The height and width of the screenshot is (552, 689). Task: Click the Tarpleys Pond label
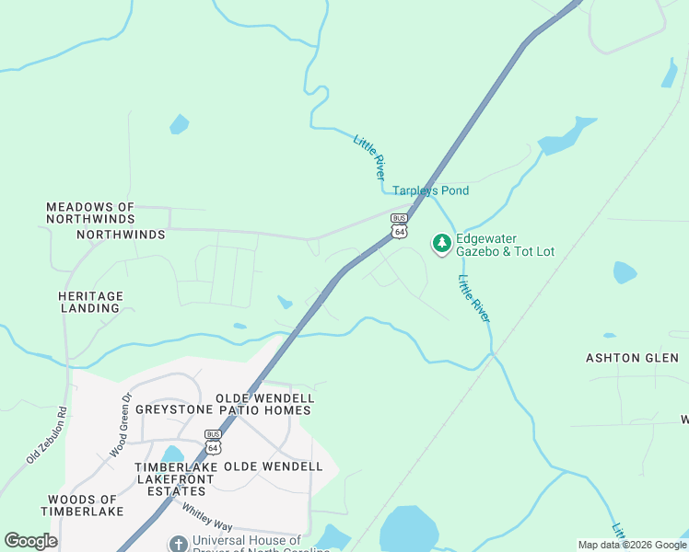pyautogui.click(x=430, y=191)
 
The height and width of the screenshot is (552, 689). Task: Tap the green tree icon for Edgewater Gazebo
pyautogui.click(x=442, y=243)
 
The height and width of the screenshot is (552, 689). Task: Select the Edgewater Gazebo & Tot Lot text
pyautogui.click(x=506, y=244)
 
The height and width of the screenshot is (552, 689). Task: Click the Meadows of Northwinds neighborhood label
pyautogui.click(x=90, y=213)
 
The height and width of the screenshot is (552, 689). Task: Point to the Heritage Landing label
pyautogui.click(x=90, y=302)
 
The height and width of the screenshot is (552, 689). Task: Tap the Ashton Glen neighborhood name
pyautogui.click(x=632, y=358)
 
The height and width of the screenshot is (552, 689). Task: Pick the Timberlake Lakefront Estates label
pyautogui.click(x=176, y=478)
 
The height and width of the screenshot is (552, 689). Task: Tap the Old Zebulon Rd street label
pyautogui.click(x=47, y=434)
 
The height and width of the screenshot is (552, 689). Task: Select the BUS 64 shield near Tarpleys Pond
pyautogui.click(x=399, y=225)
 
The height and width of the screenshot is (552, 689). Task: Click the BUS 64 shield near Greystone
pyautogui.click(x=214, y=442)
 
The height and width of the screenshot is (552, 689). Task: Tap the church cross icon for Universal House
pyautogui.click(x=178, y=543)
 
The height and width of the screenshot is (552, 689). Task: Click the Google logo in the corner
pyautogui.click(x=30, y=541)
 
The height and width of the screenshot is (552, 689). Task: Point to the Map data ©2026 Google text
pyautogui.click(x=631, y=545)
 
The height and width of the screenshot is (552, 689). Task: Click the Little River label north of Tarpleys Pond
pyautogui.click(x=369, y=156)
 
